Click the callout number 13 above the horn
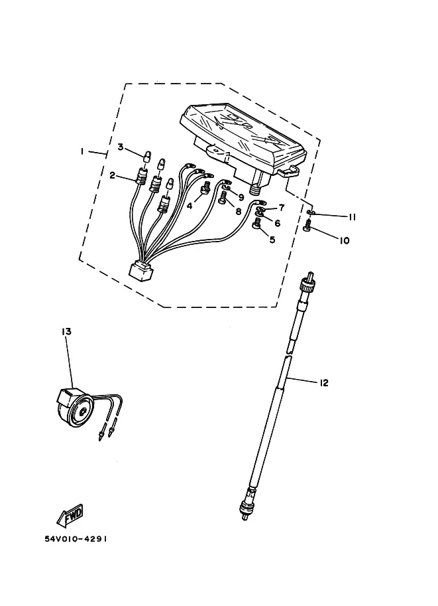pyautogui.click(x=66, y=332)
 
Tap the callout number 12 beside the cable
pyautogui.click(x=323, y=382)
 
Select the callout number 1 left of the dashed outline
pyautogui.click(x=82, y=151)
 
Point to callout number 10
pyautogui.click(x=344, y=240)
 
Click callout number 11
pyautogui.click(x=352, y=218)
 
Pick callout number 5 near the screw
pyautogui.click(x=272, y=240)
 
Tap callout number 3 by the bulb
pyautogui.click(x=121, y=147)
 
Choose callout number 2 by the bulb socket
pyautogui.click(x=112, y=175)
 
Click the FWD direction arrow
pyautogui.click(x=70, y=516)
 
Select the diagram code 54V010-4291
pyautogui.click(x=76, y=539)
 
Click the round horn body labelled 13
pyautogui.click(x=74, y=409)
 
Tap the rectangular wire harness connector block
pyautogui.click(x=141, y=270)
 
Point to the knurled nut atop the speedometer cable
pyautogui.click(x=307, y=285)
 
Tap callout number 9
pyautogui.click(x=241, y=198)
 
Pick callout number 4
pyautogui.click(x=190, y=206)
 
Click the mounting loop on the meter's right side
pyautogui.click(x=289, y=171)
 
